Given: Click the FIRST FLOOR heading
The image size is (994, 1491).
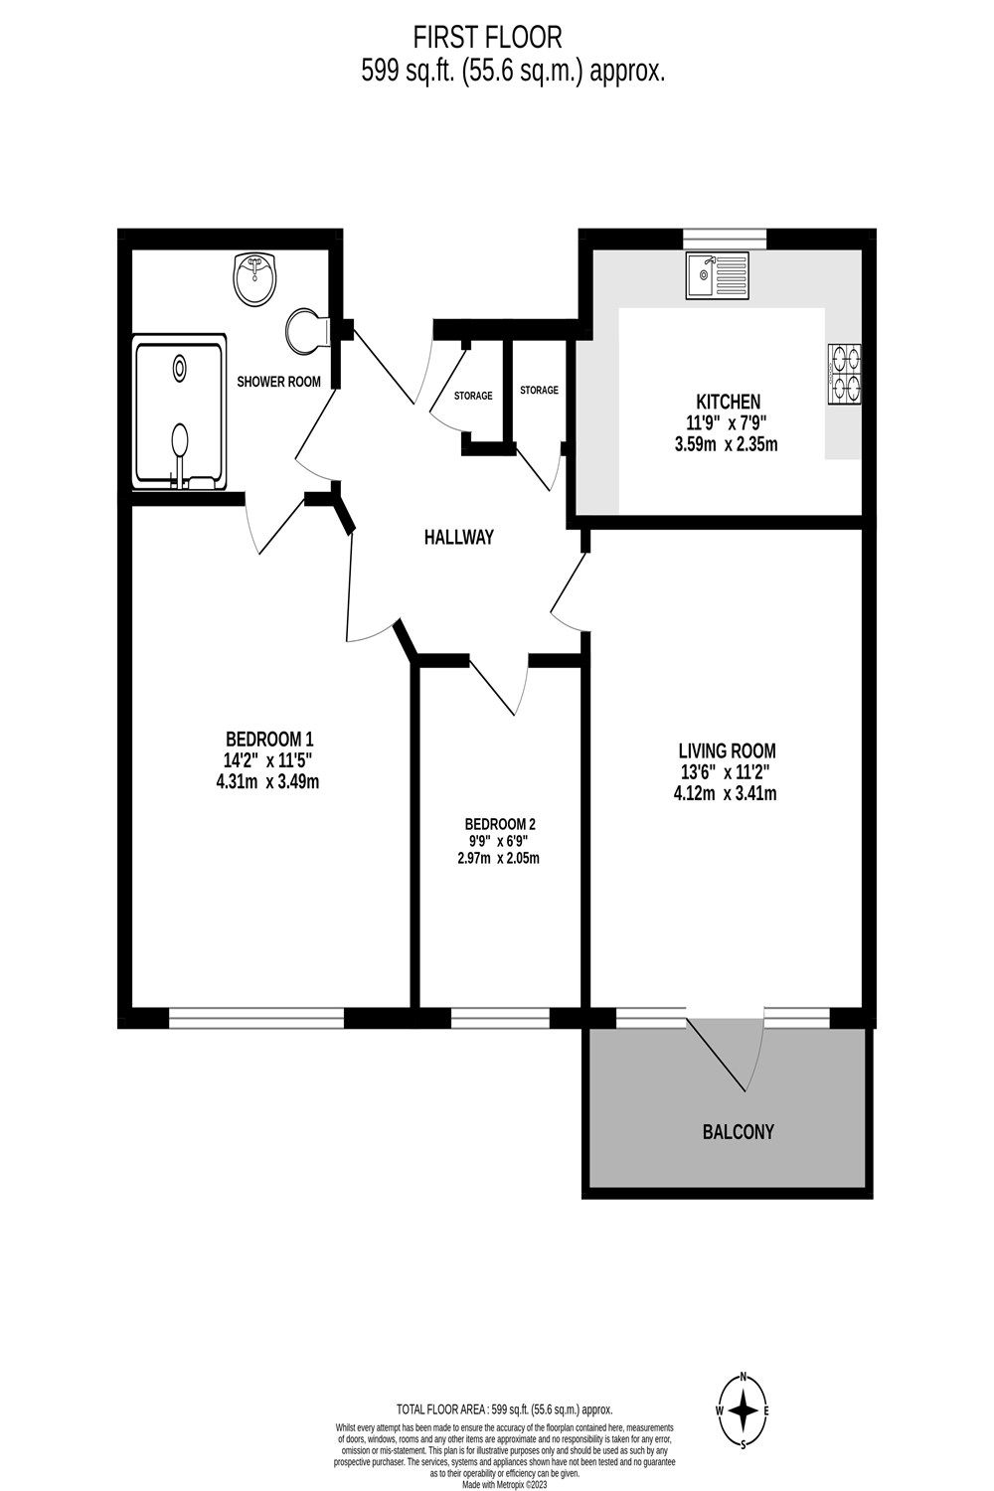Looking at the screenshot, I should (488, 38).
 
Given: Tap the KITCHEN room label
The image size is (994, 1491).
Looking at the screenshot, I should (728, 402).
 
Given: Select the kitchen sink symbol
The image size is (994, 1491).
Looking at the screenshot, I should (717, 276).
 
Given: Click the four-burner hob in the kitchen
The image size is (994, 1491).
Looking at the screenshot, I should (845, 374).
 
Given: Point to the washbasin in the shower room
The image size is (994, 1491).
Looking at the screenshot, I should (256, 279).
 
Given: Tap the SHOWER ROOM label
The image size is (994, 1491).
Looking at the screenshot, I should (278, 382).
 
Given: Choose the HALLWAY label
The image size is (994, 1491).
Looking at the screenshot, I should (458, 538).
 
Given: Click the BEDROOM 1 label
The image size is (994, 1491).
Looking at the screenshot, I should (270, 739).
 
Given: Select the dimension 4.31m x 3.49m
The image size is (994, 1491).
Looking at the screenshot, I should (270, 781).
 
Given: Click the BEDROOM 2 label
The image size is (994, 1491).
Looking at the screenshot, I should (500, 824).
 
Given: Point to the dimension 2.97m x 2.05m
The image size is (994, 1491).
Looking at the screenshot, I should (499, 859).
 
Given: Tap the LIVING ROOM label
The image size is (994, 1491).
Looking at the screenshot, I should (727, 750).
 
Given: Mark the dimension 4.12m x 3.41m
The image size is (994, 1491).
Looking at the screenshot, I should (726, 793).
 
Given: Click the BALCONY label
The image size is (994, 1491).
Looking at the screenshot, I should (738, 1131).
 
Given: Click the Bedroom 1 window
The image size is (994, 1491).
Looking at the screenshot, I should (256, 1018).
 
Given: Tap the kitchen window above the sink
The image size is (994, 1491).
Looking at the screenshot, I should (725, 237).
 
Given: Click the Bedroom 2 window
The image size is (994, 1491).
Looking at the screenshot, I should (500, 1018).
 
